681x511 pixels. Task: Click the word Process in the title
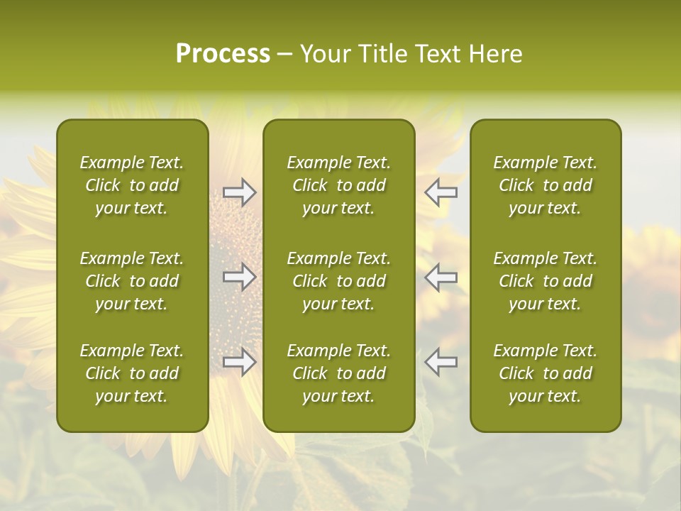[x=223, y=54]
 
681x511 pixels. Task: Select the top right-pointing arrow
[x=240, y=192]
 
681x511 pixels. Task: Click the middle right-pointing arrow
[x=240, y=277]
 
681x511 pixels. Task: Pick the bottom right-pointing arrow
[x=240, y=362]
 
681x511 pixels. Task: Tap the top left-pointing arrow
[x=441, y=192]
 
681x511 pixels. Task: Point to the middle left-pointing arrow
[x=441, y=277]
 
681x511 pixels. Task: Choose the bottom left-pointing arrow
[x=441, y=362]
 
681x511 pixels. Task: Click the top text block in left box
[x=132, y=185]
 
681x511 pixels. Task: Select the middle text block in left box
[x=132, y=281]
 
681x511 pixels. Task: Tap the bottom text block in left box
[x=132, y=373]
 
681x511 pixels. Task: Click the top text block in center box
[x=338, y=185]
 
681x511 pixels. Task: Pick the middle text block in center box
[x=338, y=281]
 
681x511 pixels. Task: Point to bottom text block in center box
[x=338, y=373]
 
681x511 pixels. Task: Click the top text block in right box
[x=545, y=185]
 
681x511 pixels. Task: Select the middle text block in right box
[x=545, y=281]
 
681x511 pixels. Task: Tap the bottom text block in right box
[x=545, y=373]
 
